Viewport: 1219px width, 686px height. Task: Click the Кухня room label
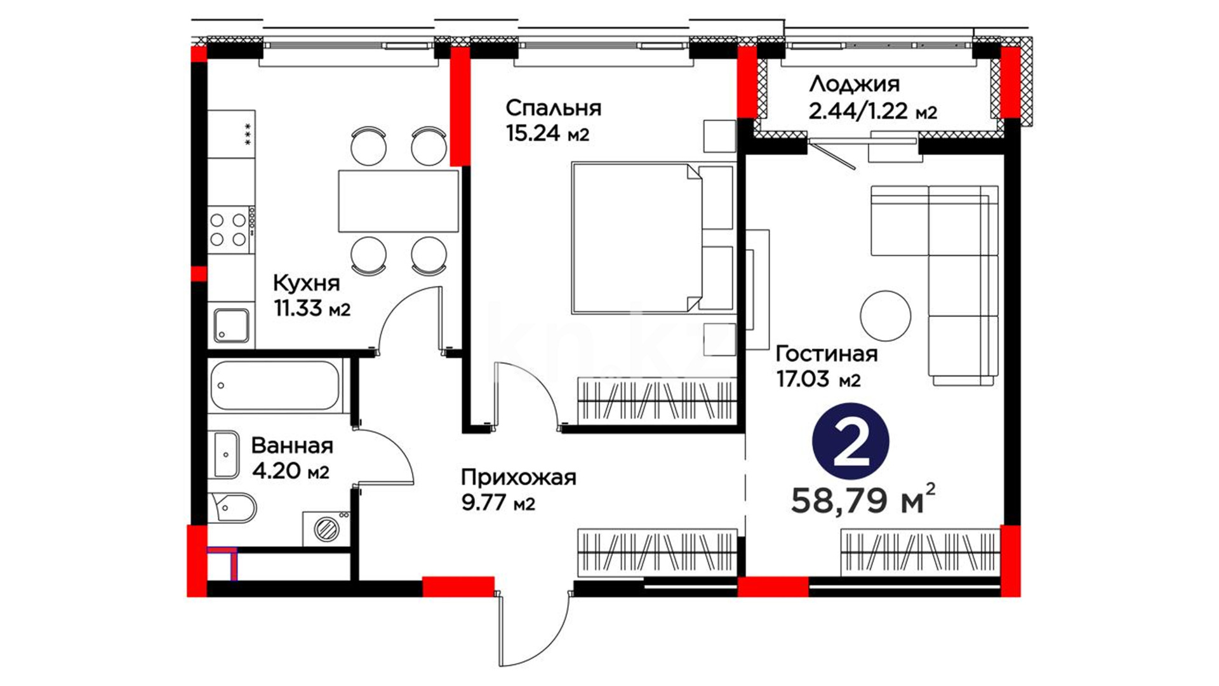[306, 283]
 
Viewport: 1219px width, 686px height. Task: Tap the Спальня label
[553, 108]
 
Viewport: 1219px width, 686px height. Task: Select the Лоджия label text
[854, 84]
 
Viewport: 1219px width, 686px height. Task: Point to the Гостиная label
[827, 353]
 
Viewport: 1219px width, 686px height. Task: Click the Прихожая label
[518, 477]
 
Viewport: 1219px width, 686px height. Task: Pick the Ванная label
[292, 445]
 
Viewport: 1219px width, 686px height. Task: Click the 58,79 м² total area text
[863, 499]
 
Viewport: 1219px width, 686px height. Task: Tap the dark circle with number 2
[850, 441]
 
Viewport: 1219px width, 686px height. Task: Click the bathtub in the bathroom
[276, 385]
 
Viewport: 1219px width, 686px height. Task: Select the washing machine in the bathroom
[326, 528]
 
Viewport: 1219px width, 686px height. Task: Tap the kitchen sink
[231, 325]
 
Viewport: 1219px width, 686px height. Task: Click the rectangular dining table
[398, 201]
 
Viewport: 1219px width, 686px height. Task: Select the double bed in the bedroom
[653, 238]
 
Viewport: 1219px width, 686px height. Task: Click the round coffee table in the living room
[885, 316]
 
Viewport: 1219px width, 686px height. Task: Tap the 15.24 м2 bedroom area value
[547, 133]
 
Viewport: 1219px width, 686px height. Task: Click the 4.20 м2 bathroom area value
[290, 471]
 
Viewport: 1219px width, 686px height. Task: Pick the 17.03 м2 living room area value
[818, 379]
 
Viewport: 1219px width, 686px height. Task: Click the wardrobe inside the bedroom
[656, 400]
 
